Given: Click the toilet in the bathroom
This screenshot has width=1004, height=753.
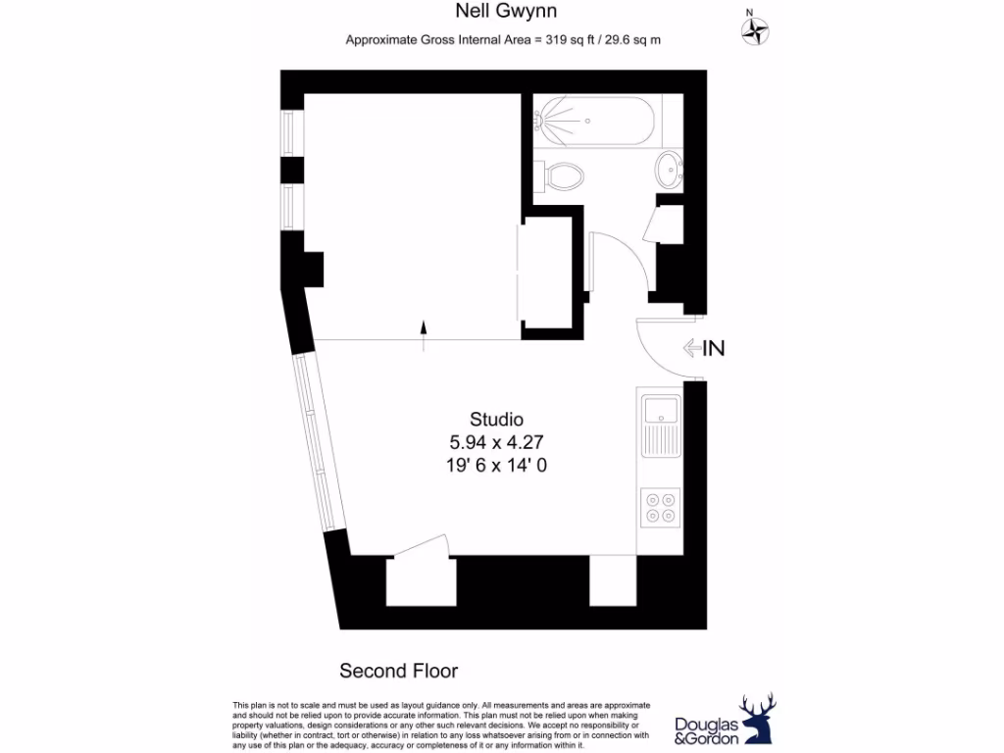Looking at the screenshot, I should tap(563, 176).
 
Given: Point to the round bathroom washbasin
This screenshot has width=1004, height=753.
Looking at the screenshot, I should tap(671, 169).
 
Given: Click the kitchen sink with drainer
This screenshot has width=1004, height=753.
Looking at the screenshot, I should tap(660, 425).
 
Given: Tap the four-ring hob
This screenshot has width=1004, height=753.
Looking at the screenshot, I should tap(660, 506).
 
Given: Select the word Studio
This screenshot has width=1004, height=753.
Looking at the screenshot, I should tap(496, 421).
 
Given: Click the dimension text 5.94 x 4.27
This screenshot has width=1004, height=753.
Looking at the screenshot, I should tap(496, 443).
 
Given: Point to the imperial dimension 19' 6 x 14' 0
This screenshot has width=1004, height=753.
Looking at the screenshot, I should tap(496, 466).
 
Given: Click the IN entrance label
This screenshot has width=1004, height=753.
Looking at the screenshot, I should tap(714, 347).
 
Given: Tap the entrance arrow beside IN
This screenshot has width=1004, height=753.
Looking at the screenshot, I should tap(691, 347).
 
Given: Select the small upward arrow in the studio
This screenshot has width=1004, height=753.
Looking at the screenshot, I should tap(424, 334).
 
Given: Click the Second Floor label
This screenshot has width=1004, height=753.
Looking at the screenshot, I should tap(398, 672).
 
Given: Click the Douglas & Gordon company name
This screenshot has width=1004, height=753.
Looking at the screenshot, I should tap(706, 730).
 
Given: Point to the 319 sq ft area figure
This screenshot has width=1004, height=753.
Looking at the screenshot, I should tap(572, 40).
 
